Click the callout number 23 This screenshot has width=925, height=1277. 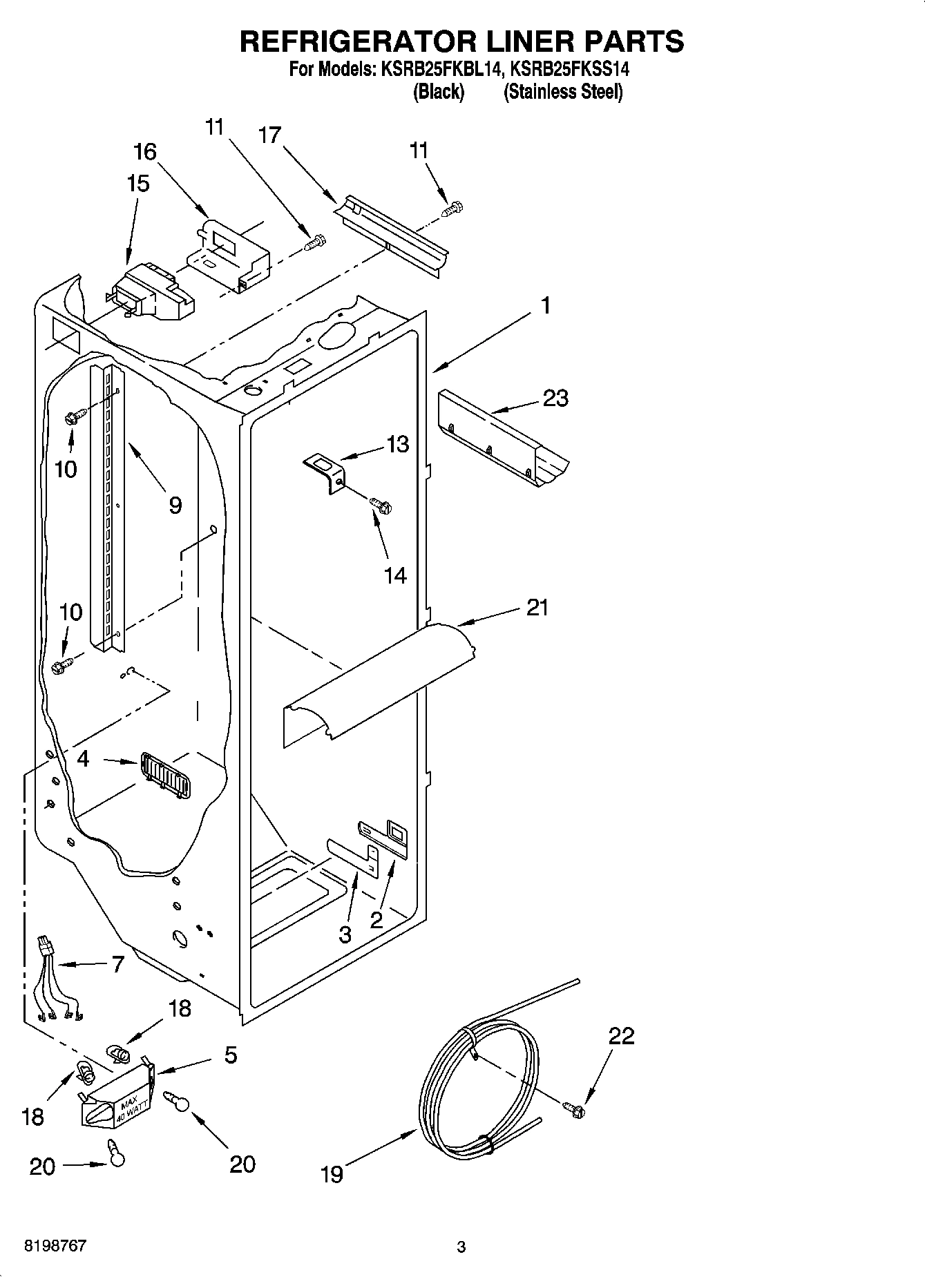point(555,399)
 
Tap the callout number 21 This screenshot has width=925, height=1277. point(537,608)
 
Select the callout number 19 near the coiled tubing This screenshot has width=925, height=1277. point(332,1173)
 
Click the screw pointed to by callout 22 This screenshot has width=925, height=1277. point(575,1110)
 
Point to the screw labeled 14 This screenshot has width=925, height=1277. point(381,506)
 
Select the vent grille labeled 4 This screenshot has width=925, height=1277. point(165,774)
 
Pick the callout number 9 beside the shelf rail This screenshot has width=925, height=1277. point(175,505)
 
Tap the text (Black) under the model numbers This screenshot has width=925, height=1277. point(438,91)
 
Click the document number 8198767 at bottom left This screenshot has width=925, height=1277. point(55,1245)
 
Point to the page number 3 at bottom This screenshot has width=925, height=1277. point(461,1247)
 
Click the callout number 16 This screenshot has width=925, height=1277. point(145,152)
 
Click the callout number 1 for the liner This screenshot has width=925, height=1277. point(545,305)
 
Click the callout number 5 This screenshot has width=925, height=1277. point(230,1055)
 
